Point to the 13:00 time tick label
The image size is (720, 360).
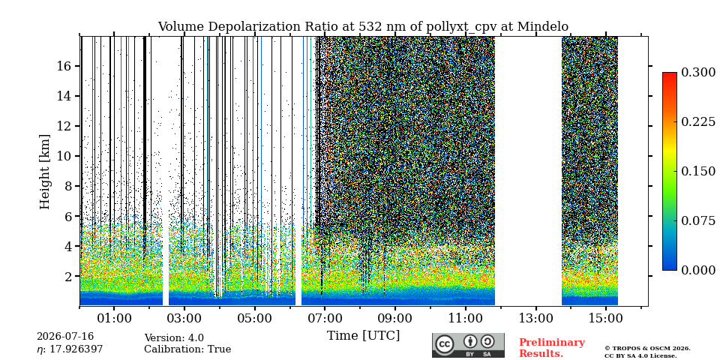535,318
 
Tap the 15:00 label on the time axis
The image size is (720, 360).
606,318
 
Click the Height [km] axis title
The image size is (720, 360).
44,172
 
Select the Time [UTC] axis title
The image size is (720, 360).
363,336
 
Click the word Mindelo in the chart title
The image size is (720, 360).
543,27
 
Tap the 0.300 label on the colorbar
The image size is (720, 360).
698,73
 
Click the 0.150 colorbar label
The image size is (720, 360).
698,171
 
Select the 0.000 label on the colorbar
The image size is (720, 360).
698,270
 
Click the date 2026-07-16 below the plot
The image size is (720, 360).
65,337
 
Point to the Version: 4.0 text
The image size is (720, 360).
174,338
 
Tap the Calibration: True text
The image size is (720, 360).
187,349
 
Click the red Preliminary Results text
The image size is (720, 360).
552,348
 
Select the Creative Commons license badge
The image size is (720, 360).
468,345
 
